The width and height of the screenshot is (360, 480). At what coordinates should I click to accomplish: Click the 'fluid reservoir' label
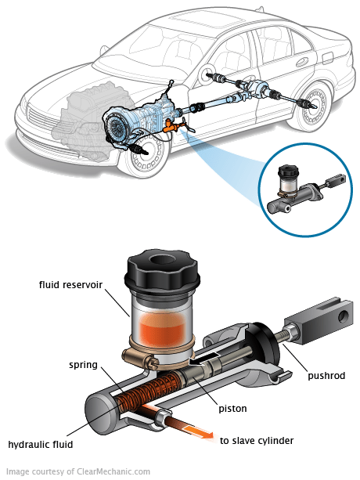pyautogui.click(x=70, y=285)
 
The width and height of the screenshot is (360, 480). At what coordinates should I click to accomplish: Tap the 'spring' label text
pyautogui.click(x=83, y=365)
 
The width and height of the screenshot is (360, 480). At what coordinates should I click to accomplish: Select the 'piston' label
pyautogui.click(x=232, y=409)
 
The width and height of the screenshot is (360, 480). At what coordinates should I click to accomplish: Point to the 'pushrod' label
pyautogui.click(x=326, y=376)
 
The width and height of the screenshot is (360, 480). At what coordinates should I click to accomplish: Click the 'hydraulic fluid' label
pyautogui.click(x=41, y=444)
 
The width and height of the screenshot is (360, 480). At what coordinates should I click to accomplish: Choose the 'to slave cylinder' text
pyautogui.click(x=257, y=441)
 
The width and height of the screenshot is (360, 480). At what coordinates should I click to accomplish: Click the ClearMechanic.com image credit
pyautogui.click(x=78, y=471)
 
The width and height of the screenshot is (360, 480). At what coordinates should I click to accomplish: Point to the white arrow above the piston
pyautogui.click(x=204, y=359)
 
